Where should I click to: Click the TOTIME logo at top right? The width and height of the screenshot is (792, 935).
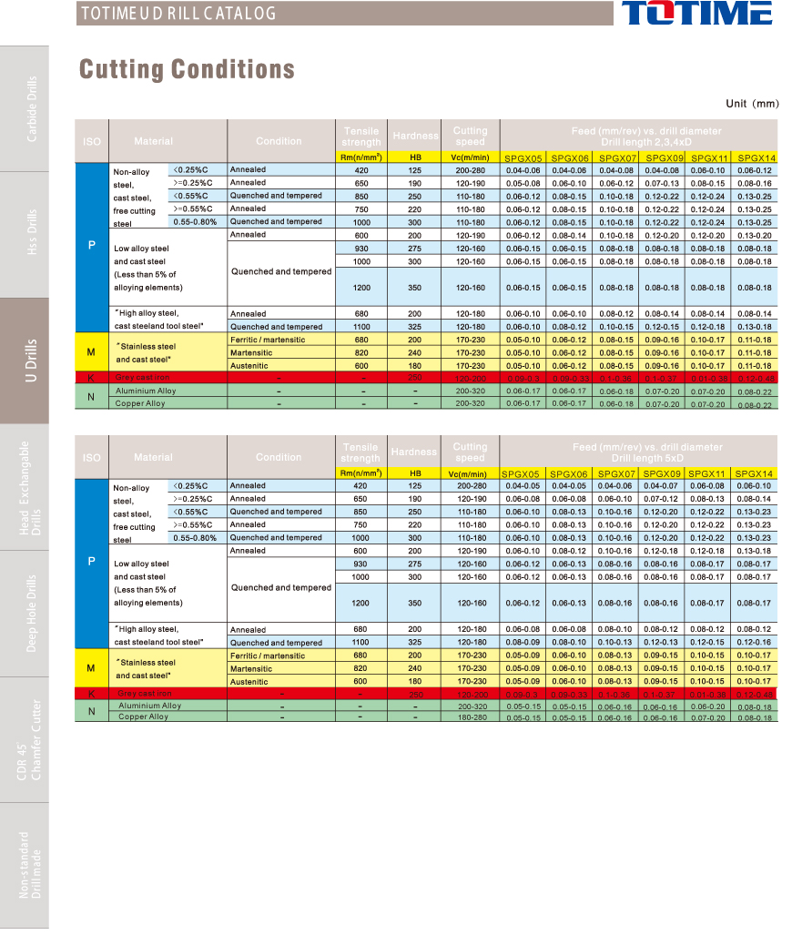coord(697,14)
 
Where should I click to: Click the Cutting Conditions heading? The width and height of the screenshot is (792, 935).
coord(187,69)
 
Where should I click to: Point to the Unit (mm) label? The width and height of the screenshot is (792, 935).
coord(752,104)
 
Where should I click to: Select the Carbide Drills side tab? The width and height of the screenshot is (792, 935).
coord(32,108)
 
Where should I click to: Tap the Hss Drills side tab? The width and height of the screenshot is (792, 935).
coord(32,235)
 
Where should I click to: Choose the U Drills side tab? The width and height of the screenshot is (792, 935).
coord(32,361)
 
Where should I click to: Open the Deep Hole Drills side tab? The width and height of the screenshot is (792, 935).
coord(32,614)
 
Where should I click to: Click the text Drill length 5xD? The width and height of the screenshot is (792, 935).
coord(646,458)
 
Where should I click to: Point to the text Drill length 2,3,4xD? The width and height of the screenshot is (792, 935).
coord(646,143)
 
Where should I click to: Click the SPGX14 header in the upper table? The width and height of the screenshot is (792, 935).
coord(756,158)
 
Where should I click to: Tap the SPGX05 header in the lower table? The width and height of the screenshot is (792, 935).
coord(523,473)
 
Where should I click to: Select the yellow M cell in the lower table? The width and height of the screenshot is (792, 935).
coord(91,668)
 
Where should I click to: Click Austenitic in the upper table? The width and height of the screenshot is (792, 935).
coord(249,365)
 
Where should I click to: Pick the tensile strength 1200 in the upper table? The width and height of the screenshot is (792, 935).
coord(360,287)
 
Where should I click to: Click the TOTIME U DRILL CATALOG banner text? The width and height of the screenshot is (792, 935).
coord(178,14)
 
